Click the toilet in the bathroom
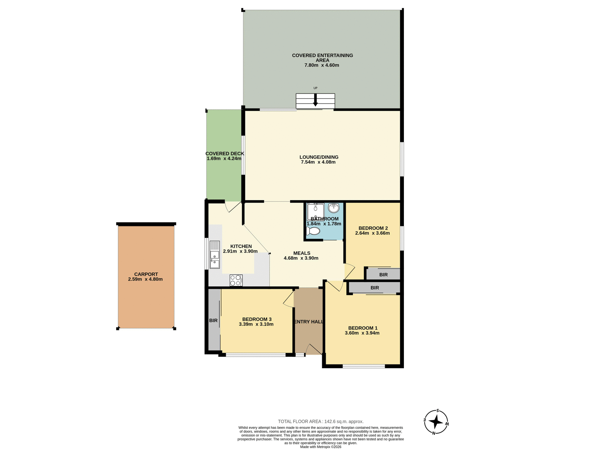pyautogui.click(x=313, y=231)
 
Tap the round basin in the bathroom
pyautogui.click(x=333, y=208)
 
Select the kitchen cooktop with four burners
pyautogui.click(x=236, y=280)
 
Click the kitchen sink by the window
pyautogui.click(x=215, y=255)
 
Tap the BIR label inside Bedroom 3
pyautogui.click(x=213, y=321)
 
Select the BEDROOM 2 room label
pyautogui.click(x=373, y=228)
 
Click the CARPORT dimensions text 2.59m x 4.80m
pyautogui.click(x=145, y=279)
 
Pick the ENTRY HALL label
pyautogui.click(x=309, y=322)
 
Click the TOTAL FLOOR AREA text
pyautogui.click(x=321, y=422)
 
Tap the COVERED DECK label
pyautogui.click(x=225, y=154)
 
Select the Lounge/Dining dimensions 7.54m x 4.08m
pyautogui.click(x=318, y=162)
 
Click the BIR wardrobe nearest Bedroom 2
pyautogui.click(x=383, y=275)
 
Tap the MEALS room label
pyautogui.click(x=302, y=253)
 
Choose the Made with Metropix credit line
pyautogui.click(x=321, y=447)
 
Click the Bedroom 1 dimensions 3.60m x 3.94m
pyautogui.click(x=362, y=333)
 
